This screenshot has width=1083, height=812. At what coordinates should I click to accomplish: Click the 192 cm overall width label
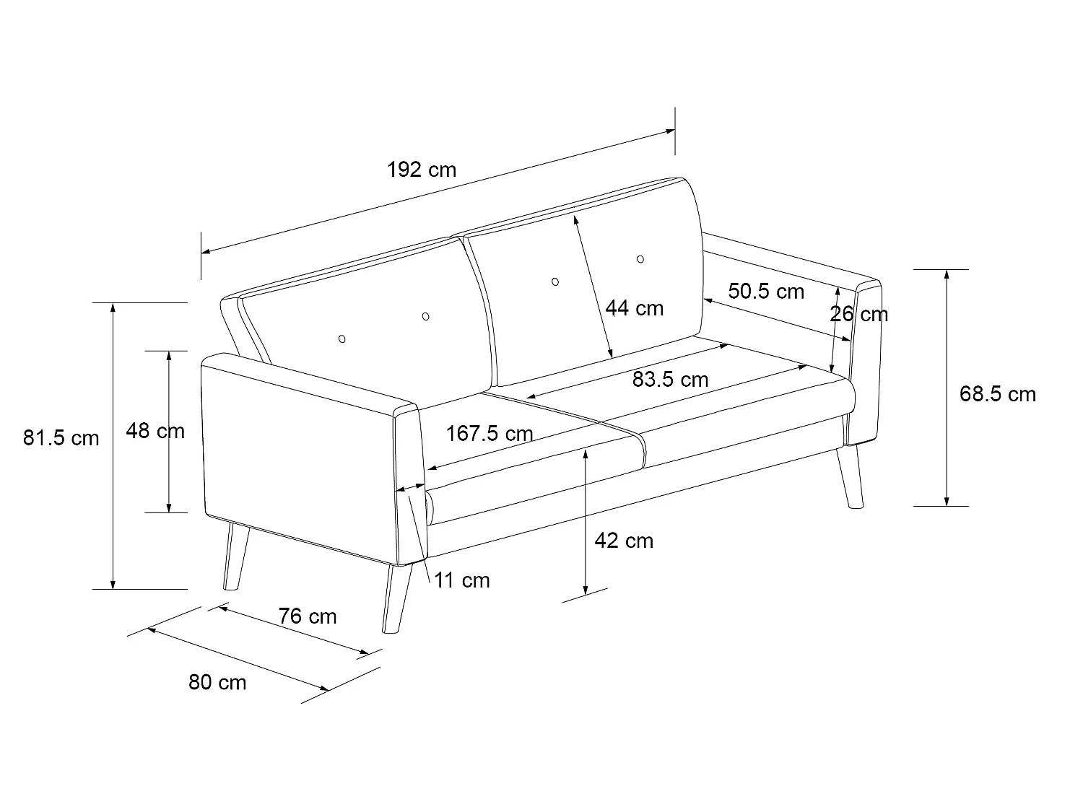click(x=422, y=170)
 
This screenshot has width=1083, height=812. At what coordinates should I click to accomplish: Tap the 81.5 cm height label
click(x=61, y=438)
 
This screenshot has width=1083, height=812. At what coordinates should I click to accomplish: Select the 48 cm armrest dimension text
click(x=155, y=431)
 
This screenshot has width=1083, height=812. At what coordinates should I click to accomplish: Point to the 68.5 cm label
click(x=998, y=394)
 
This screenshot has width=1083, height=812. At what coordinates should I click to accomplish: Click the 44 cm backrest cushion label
click(x=635, y=308)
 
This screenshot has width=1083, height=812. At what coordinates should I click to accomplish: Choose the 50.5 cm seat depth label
click(x=766, y=292)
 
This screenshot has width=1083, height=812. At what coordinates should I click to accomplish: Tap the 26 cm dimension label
click(x=859, y=314)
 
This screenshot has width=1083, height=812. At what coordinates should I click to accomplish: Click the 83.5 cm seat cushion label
click(x=671, y=379)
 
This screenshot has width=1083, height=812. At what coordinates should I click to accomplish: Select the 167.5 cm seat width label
click(x=490, y=434)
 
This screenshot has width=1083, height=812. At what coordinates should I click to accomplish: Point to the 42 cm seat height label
click(x=624, y=541)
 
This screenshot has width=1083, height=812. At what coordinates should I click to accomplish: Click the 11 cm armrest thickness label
click(x=462, y=580)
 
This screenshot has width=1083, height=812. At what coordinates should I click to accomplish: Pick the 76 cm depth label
click(x=308, y=616)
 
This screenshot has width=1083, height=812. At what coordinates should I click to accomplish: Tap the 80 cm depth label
click(x=217, y=682)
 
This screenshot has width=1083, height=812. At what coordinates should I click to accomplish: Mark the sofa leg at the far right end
click(x=850, y=476)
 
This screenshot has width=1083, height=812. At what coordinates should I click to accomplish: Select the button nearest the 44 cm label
click(x=555, y=282)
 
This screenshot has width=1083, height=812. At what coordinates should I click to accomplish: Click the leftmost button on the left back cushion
click(x=342, y=339)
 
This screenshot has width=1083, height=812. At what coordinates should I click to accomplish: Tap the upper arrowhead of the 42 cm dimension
click(x=585, y=453)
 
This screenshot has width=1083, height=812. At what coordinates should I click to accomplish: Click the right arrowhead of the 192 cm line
click(x=670, y=131)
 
